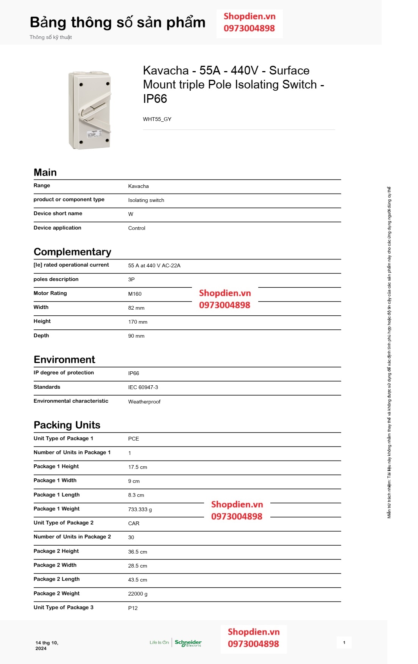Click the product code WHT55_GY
coord(157,119)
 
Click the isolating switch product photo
coord(90,110)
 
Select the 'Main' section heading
coord(45,172)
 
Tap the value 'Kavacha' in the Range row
coord(138,186)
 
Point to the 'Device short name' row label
coord(58,214)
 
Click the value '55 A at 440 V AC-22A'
coord(154,265)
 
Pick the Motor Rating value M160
coord(135,294)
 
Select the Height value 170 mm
coord(137,322)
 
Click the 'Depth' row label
coord(41,335)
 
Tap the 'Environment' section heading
coord(64,359)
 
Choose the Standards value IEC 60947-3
coord(143,387)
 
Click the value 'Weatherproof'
coord(144,402)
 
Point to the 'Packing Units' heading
coord(67,425)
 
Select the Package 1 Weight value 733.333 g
coord(140,509)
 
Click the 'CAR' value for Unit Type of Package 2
coord(134,523)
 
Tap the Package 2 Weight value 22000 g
coord(137,594)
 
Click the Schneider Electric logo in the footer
coord(188,643)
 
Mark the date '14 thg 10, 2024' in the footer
coord(47,645)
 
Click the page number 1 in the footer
coord(344,642)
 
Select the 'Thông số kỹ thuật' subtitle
coord(51,37)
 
